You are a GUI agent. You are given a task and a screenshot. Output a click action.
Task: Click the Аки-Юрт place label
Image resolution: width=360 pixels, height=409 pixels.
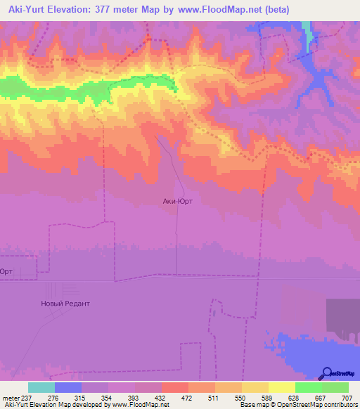178,200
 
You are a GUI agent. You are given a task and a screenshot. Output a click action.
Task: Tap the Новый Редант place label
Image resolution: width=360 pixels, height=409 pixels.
65,304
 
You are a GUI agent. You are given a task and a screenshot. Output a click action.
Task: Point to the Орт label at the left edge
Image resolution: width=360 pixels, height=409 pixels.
6,272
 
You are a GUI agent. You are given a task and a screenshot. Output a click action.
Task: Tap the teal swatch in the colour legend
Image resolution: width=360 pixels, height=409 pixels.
41,387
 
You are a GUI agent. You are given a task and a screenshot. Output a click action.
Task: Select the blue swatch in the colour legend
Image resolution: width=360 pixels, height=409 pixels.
67,387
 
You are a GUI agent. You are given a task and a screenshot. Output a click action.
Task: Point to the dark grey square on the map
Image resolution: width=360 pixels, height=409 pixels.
342,317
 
